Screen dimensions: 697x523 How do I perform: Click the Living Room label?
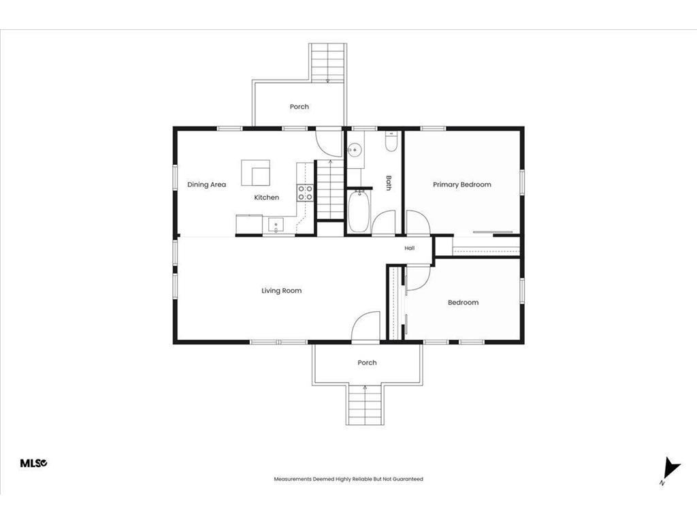(281, 291)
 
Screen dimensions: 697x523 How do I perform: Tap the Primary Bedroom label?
(462, 185)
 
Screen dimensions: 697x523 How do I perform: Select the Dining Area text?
(206, 185)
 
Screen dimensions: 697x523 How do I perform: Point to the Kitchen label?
(266, 197)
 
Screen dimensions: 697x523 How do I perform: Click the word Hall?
(409, 248)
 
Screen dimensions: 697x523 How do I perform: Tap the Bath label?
(389, 183)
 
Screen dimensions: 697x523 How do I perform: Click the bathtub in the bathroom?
(358, 212)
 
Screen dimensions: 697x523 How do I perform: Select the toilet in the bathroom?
(391, 142)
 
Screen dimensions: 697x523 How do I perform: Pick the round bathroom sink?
(355, 150)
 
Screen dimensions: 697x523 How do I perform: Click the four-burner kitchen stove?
(305, 193)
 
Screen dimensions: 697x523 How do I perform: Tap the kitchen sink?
(276, 225)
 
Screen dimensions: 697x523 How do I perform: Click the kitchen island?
(256, 173)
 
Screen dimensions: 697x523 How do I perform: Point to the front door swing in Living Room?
(366, 326)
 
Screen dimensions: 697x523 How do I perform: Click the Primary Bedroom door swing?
(418, 222)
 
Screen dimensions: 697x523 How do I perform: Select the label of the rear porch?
(299, 107)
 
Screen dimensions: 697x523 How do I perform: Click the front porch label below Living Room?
(367, 363)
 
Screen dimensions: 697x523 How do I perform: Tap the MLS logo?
(33, 463)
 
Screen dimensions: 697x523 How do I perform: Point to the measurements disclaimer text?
(348, 479)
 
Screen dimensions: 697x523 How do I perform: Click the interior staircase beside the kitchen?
(330, 190)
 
